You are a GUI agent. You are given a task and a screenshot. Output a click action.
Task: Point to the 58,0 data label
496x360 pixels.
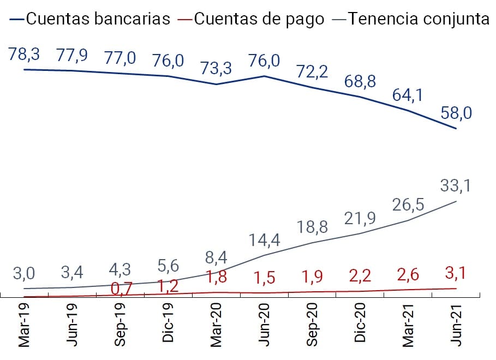456,113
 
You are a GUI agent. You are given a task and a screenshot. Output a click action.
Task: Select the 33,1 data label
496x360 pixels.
456,187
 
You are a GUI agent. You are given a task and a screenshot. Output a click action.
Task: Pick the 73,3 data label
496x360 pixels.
216,69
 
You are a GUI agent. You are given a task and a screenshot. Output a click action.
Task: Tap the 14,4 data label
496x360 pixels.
265,240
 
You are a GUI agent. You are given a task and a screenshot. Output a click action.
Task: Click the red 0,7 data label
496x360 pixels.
121,288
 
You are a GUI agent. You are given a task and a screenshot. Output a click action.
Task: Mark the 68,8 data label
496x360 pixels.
360,82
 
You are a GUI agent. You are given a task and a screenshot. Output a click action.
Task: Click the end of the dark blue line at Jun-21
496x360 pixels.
456,129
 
